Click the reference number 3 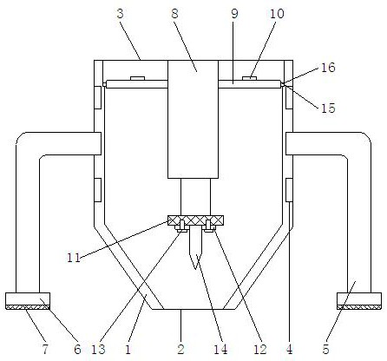click(121, 14)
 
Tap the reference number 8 click(174, 14)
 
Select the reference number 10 click(277, 14)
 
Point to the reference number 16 click(328, 68)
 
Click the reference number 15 click(328, 108)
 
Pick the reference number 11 click(74, 257)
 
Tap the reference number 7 click(45, 349)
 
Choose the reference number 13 click(98, 349)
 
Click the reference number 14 click(220, 349)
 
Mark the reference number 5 click(325, 349)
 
